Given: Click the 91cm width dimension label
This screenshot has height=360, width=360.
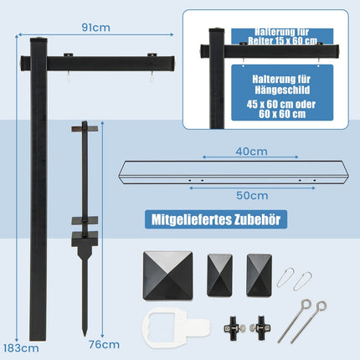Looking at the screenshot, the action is pyautogui.click(x=95, y=28).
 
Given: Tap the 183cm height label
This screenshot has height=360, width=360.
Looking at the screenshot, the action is pyautogui.click(x=21, y=348).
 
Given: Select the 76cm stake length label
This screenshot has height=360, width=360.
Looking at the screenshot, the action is pyautogui.click(x=104, y=344).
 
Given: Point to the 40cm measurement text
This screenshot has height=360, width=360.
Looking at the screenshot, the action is pyautogui.click(x=251, y=152).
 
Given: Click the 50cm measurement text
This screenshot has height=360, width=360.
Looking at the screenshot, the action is pyautogui.click(x=252, y=195).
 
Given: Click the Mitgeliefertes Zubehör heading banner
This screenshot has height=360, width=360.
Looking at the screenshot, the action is pyautogui.click(x=216, y=219).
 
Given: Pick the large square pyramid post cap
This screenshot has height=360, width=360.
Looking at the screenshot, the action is pyautogui.click(x=168, y=275).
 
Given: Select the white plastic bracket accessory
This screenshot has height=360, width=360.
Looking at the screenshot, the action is pyautogui.click(x=175, y=327).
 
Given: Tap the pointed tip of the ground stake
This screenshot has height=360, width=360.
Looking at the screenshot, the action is pyautogui.click(x=85, y=335).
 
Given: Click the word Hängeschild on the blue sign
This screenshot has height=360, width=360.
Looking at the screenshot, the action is pyautogui.click(x=282, y=90).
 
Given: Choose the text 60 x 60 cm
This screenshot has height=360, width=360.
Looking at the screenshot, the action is pyautogui.click(x=282, y=114).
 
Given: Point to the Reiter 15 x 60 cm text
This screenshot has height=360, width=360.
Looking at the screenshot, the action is pyautogui.click(x=282, y=41).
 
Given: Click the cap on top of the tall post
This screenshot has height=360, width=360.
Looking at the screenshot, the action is pyautogui.click(x=39, y=39).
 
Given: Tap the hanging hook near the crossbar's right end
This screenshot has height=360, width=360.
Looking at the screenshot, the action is pyautogui.click(x=152, y=77).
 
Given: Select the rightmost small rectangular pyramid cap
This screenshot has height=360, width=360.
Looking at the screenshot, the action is pyautogui.click(x=260, y=275).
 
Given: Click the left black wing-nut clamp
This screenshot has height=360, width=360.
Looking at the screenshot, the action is pyautogui.click(x=234, y=328).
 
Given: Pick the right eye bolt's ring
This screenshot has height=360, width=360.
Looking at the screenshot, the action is pyautogui.click(x=321, y=306).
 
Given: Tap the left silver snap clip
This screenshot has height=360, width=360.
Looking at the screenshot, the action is pyautogui.click(x=285, y=277).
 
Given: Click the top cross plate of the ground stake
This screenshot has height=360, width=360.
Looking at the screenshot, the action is pyautogui.click(x=85, y=129).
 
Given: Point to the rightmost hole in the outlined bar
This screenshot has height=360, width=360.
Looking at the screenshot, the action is pyautogui.click(x=315, y=180).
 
